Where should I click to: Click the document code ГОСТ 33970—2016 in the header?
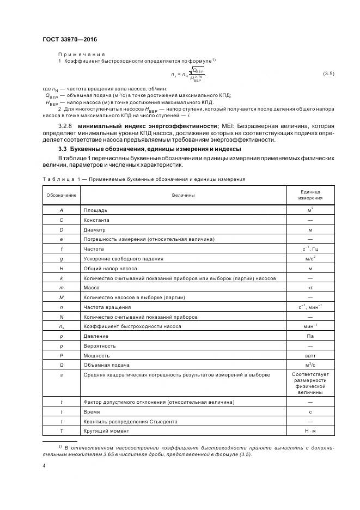point(70,40)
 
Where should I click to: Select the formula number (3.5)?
point(328,73)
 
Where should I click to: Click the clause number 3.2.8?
point(66,126)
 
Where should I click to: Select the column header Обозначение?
point(62,194)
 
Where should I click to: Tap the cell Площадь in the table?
point(95,210)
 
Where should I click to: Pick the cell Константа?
point(96,220)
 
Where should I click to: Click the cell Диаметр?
point(94,229)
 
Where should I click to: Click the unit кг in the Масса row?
point(309,287)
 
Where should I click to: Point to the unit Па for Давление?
point(309,336)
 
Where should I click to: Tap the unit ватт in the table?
point(309,355)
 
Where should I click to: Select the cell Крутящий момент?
point(106,430)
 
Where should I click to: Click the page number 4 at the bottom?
point(44,466)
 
